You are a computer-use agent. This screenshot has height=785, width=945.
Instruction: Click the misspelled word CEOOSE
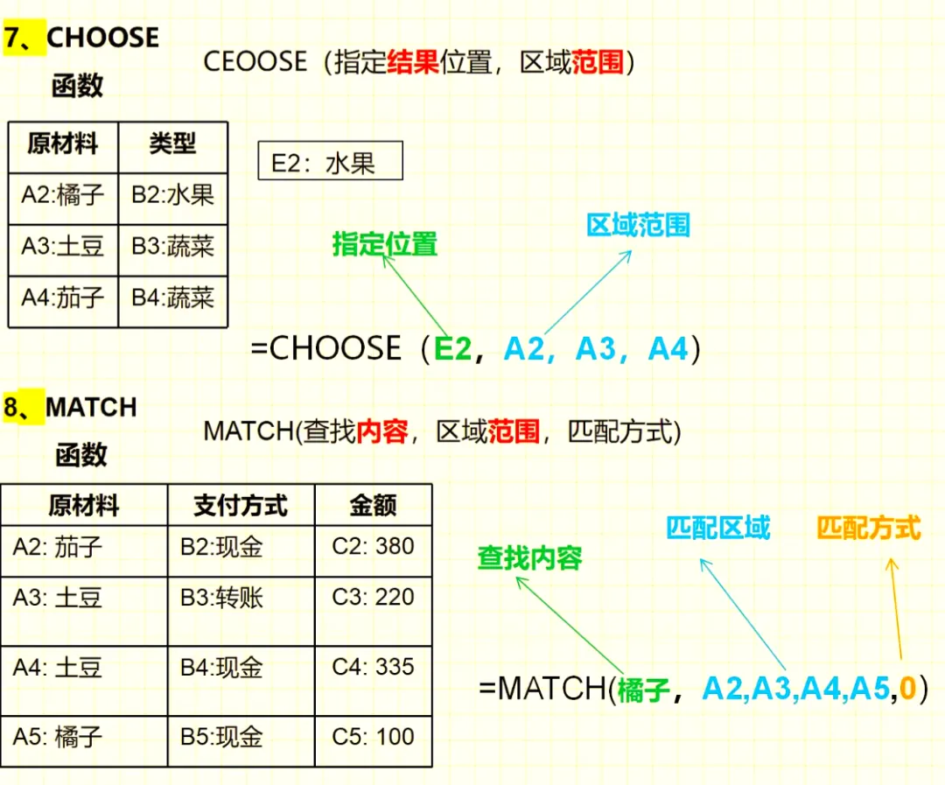pos(255,62)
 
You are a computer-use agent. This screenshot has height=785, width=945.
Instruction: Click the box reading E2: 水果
pos(330,161)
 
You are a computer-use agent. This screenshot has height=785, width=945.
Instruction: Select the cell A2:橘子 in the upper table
pos(63,194)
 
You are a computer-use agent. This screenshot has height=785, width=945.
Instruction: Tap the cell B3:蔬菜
pos(172,246)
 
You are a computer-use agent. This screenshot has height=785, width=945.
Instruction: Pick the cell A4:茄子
pos(63,298)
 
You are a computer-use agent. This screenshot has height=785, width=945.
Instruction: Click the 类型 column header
pos(172,144)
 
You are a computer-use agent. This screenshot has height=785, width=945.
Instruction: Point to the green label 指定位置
pos(384,244)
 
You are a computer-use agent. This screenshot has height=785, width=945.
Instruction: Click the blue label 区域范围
pos(638,225)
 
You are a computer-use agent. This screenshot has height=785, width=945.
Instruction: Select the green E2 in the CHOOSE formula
pos(453,349)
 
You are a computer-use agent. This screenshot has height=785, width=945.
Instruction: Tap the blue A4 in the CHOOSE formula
pos(668,349)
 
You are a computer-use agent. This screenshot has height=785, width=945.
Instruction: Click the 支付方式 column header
pos(241,505)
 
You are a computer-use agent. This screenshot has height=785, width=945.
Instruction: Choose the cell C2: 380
pos(373,547)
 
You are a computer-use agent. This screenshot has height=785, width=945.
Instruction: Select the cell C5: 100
pos(373,737)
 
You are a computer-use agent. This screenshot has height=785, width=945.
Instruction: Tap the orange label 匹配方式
pos(869,528)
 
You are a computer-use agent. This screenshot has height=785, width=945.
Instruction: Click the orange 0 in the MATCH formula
pos(906,689)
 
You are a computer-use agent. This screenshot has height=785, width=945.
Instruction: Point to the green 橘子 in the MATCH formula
pos(643,690)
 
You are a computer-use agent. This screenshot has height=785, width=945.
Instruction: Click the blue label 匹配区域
pos(717,528)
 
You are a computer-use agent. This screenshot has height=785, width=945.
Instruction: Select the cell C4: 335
pos(373,668)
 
